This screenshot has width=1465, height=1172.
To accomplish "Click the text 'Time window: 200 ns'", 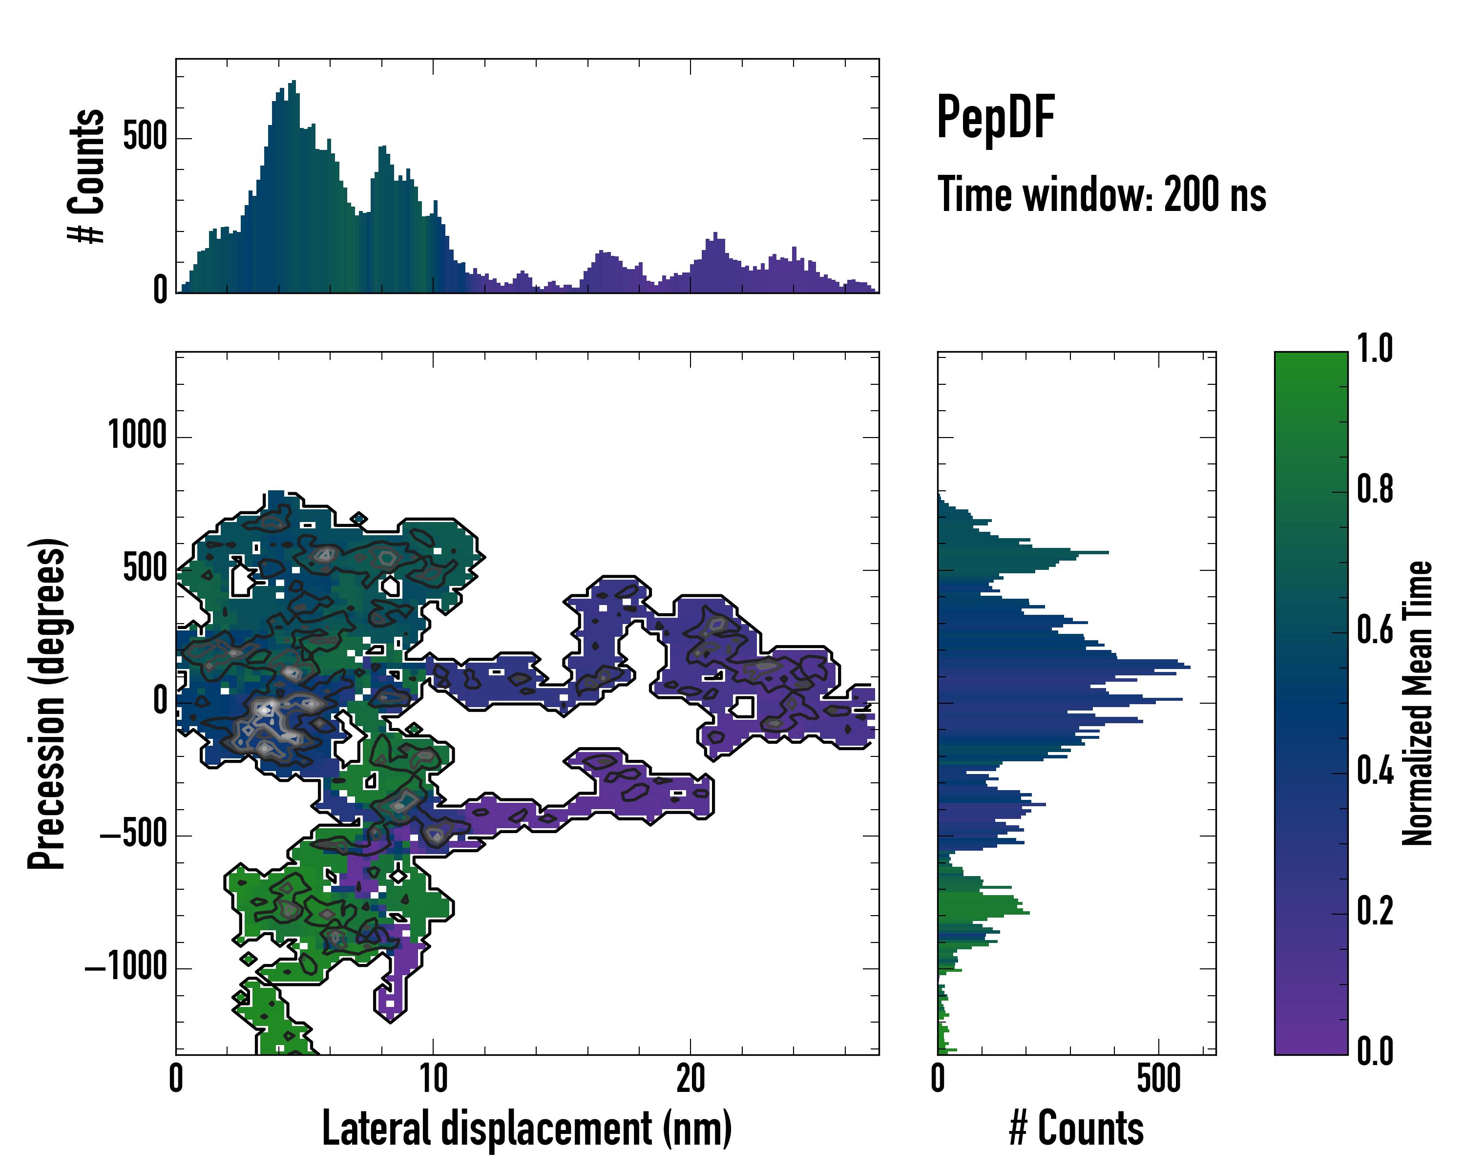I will pos(1102,195).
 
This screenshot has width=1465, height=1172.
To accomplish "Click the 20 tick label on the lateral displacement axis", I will pos(691,1079).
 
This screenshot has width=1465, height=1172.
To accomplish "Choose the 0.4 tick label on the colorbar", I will pos(1375,771).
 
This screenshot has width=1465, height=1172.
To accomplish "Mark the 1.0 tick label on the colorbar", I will pos(1375,349).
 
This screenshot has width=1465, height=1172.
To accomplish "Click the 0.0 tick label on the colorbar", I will pos(1375,1052).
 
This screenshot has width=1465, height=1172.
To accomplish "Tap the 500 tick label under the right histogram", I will pos(1158,1079).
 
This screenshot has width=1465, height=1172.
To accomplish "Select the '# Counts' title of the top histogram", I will pos(87,175).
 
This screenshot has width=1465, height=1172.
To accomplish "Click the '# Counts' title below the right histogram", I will pos(1076,1128).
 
